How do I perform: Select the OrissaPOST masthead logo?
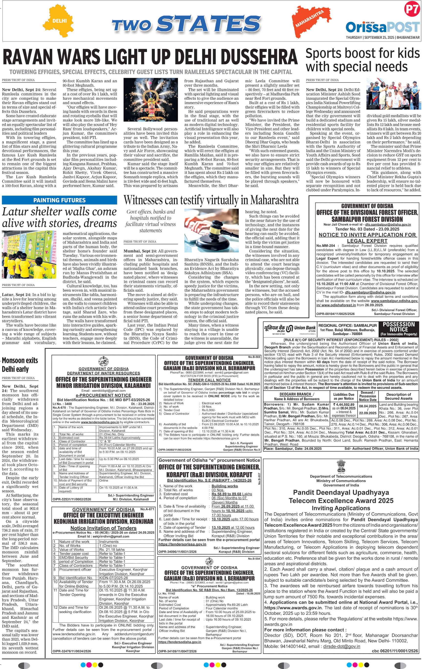click(x=382, y=27)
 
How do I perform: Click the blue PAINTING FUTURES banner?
click(x=60, y=200)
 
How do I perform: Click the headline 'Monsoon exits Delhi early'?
click(x=20, y=365)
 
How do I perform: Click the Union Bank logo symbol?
click(x=290, y=328)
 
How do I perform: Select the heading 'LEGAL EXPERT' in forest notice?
click(x=367, y=241)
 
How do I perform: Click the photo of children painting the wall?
click(x=29, y=254)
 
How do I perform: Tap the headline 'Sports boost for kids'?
click(x=363, y=53)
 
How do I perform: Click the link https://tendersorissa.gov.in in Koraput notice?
click(x=182, y=544)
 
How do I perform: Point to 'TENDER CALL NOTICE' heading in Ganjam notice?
click(x=209, y=380)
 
